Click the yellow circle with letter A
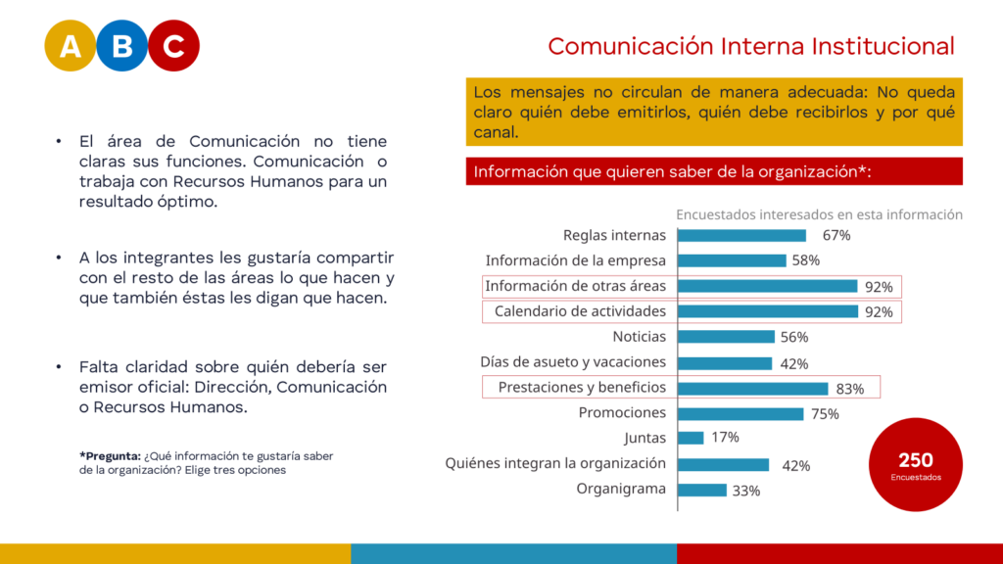(x=71, y=46)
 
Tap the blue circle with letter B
(x=121, y=46)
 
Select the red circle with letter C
(x=173, y=46)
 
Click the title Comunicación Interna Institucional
(x=750, y=46)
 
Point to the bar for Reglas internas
(x=741, y=235)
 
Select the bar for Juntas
(x=691, y=438)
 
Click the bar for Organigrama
(x=702, y=490)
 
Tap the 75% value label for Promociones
(x=825, y=414)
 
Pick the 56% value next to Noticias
(x=793, y=337)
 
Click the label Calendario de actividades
(x=580, y=311)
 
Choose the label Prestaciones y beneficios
(x=582, y=387)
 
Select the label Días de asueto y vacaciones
(x=573, y=362)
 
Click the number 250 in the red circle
(x=916, y=460)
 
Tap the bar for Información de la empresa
(x=732, y=260)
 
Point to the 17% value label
(x=725, y=438)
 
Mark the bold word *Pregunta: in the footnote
(x=110, y=455)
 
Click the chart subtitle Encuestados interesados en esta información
(x=819, y=214)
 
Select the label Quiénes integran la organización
(x=555, y=463)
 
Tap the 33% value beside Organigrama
(x=746, y=491)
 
